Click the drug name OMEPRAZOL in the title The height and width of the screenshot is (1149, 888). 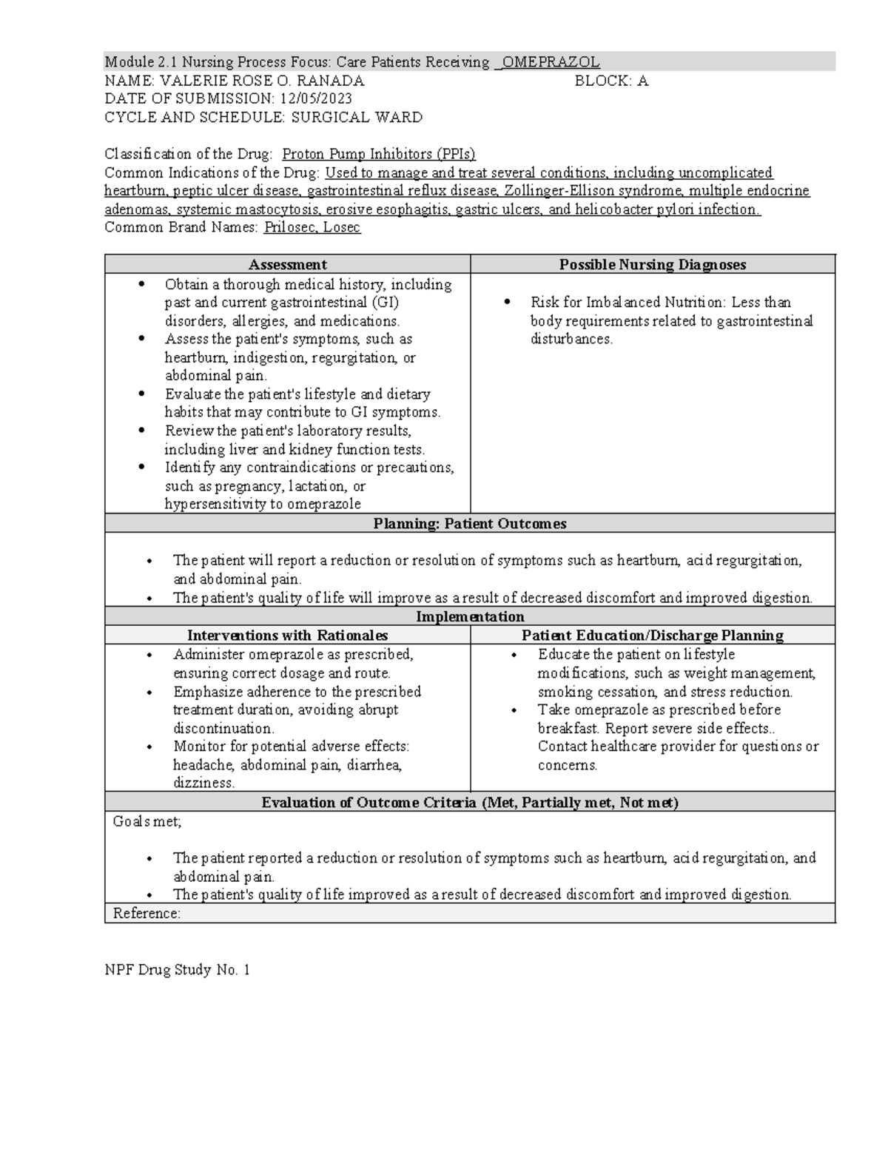(x=551, y=62)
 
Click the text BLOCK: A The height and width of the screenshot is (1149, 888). (x=611, y=81)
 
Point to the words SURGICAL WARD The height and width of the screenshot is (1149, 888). (x=357, y=117)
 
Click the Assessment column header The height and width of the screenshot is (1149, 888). (x=287, y=264)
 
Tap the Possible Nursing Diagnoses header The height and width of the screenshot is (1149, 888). (x=652, y=264)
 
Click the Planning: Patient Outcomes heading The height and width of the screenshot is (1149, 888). (x=469, y=523)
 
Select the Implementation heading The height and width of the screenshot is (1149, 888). (x=469, y=616)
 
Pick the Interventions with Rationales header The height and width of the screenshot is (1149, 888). (x=287, y=635)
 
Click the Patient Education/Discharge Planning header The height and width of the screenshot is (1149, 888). (x=652, y=635)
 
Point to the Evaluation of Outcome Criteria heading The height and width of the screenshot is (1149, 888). (x=469, y=802)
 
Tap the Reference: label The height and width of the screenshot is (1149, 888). (x=147, y=913)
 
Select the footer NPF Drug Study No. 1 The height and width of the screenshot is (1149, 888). (x=177, y=969)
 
